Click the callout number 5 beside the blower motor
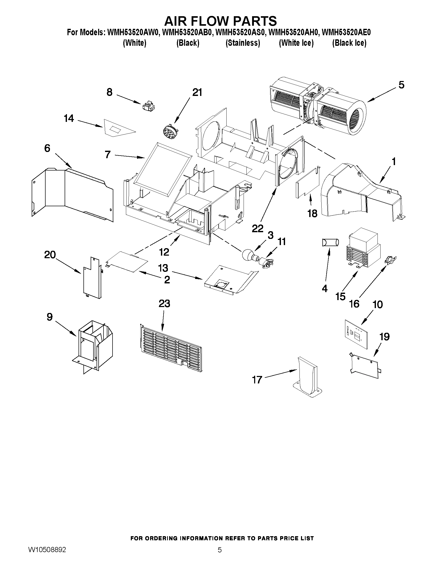coord(401,85)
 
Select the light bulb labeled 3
coord(248,255)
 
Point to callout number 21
coord(197,92)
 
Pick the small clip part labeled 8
coord(148,106)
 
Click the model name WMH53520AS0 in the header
coord(240,32)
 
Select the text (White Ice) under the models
coord(296,43)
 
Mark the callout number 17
coord(257,380)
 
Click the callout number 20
coord(50,255)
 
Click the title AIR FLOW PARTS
coord(221,21)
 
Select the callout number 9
coord(49,317)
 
